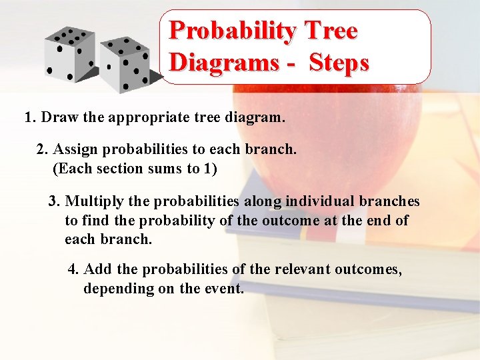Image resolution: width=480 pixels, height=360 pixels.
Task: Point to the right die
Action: point(127,63)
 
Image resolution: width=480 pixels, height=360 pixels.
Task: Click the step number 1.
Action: point(29,118)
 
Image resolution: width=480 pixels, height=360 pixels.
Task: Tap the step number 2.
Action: point(41,149)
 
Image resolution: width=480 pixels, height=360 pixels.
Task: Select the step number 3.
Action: point(53,201)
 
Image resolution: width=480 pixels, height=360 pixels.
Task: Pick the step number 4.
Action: point(73,269)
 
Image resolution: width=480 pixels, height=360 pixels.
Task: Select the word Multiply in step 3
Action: point(92,201)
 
